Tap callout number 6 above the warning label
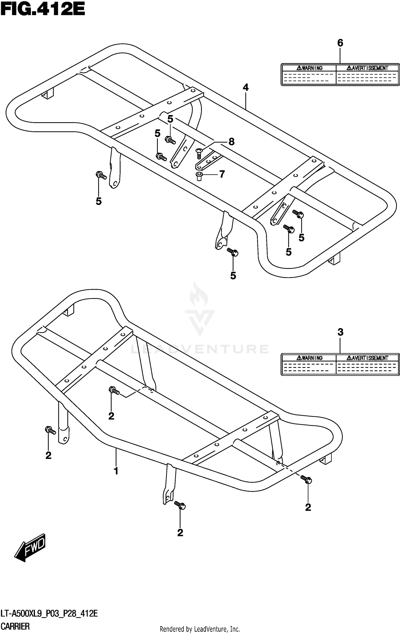tap(340, 43)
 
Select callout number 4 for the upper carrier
tap(246, 88)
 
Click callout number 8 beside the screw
tap(231, 142)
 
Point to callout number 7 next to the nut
tap(222, 174)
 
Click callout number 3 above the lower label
tap(340, 332)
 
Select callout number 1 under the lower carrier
tap(116, 471)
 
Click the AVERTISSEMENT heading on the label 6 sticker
tap(367, 68)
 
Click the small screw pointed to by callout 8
tap(199, 153)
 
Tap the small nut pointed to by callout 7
tap(199, 176)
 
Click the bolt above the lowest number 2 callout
tap(180, 505)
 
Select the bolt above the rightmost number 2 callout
tap(306, 479)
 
